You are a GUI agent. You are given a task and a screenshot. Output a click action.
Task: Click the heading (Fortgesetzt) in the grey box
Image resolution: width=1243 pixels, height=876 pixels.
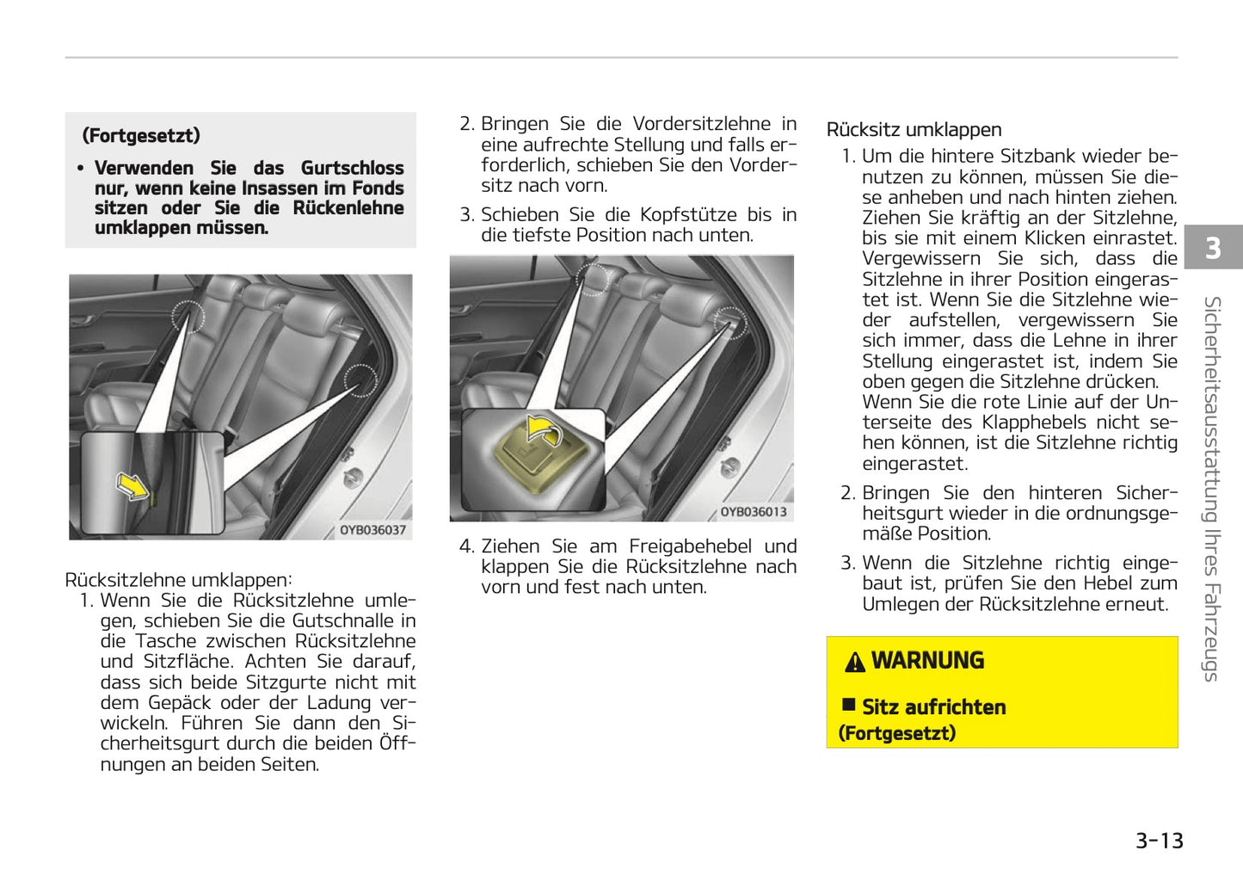(x=141, y=136)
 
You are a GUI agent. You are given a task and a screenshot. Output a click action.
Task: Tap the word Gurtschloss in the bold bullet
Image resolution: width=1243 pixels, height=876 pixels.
(x=352, y=168)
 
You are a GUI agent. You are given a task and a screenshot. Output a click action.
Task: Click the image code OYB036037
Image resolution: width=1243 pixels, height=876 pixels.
(x=372, y=530)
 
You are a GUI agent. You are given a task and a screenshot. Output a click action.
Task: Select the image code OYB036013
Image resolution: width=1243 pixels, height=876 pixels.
(x=753, y=512)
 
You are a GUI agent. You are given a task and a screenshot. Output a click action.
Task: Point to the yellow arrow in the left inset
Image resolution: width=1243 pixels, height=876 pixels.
(x=132, y=486)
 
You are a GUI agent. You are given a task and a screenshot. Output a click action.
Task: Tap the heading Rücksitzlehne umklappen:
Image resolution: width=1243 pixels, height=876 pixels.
(x=178, y=580)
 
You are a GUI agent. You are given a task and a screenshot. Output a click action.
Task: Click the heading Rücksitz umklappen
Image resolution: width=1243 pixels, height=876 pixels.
(x=914, y=130)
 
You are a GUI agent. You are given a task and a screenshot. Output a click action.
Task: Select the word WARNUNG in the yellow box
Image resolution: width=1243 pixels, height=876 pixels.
(x=927, y=661)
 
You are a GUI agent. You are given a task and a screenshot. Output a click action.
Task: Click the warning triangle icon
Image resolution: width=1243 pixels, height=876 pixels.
(x=854, y=662)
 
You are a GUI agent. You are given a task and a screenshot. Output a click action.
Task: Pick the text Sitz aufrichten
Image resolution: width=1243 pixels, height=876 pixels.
(x=933, y=707)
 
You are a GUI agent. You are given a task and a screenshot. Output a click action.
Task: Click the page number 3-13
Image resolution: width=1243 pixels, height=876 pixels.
(x=1159, y=841)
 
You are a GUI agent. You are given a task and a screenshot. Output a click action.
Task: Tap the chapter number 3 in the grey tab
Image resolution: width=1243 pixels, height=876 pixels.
(x=1212, y=248)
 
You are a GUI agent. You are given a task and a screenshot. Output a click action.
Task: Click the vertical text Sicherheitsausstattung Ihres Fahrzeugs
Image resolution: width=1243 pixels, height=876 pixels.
(x=1212, y=489)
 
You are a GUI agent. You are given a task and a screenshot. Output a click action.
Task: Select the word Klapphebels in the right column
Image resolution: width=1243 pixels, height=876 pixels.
(x=1032, y=423)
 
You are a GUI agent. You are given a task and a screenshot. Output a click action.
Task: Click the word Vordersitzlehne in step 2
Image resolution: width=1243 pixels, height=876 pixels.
(x=701, y=124)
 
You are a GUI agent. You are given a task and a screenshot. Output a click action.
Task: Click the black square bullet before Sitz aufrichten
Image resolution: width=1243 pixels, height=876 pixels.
(x=848, y=706)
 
